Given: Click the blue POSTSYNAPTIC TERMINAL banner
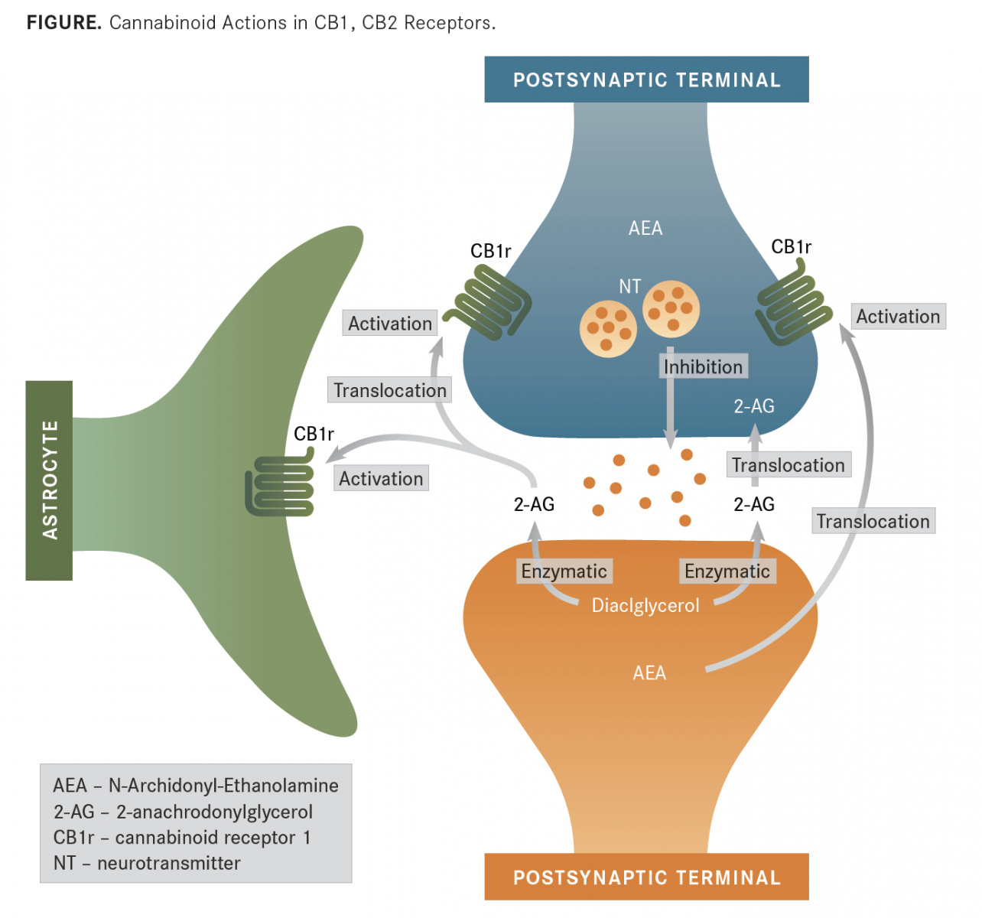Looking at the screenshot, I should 646,80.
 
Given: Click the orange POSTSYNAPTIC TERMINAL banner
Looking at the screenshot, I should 646,877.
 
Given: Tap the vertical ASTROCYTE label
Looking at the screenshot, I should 50,480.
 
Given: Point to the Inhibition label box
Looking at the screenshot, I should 703,367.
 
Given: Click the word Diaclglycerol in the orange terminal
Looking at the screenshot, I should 645,606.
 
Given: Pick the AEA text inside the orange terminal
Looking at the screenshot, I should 649,673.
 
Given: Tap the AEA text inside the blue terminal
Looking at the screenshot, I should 645,228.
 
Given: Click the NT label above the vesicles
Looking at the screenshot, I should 629,286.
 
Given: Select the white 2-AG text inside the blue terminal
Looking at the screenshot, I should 754,406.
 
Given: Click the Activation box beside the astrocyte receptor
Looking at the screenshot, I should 381,479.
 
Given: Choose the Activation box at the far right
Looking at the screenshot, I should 898,317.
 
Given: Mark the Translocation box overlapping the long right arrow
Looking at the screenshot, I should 873,522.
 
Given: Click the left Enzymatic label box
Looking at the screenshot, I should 564,571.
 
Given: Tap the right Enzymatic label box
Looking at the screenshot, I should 727,571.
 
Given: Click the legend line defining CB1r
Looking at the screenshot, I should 182,838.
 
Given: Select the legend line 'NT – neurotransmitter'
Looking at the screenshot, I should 147,863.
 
